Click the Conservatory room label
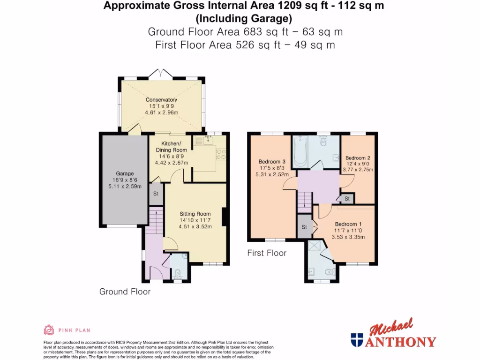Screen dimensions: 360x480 pos(161,100)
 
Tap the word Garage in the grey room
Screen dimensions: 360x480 pos(125,173)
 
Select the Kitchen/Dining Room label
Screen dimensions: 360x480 pos(171,147)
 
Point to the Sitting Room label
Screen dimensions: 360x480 pos(195,214)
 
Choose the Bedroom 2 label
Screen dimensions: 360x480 pos(358,158)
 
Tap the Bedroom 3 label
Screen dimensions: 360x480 pos(272,162)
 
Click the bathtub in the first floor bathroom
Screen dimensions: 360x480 pos(301,151)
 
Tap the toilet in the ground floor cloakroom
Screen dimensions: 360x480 pos(178,273)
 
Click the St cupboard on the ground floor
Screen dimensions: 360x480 pos(156,194)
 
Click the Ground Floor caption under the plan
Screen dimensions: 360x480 pos(125,292)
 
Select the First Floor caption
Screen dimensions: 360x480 pos(267,253)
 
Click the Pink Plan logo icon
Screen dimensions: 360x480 pos(49,330)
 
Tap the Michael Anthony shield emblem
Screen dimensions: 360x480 pos(357,340)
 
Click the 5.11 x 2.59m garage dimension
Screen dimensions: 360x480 pos(125,186)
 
